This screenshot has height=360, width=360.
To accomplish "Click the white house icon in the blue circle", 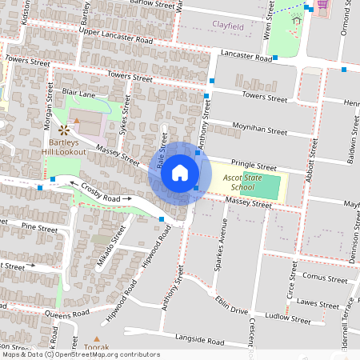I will tap(179, 172).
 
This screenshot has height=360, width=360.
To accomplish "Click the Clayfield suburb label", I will tap(228, 25).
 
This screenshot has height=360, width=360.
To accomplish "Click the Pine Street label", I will tap(40, 228).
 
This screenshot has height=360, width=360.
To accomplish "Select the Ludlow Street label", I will tap(290, 318).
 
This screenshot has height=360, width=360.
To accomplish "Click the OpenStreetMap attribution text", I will tap(80, 354).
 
